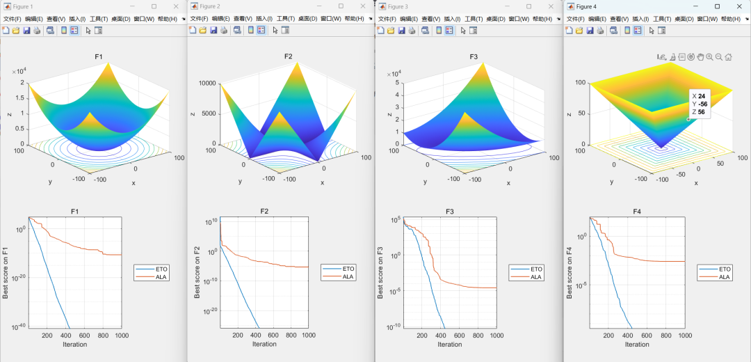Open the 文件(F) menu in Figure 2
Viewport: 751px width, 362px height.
200,19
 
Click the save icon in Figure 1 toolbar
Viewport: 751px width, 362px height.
26,31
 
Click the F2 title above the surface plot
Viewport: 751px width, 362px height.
289,56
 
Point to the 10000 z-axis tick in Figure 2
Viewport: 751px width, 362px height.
207,83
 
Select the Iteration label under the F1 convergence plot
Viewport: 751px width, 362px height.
75,344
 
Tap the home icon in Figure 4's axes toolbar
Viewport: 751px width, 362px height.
728,57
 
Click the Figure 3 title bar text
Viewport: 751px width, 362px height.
398,6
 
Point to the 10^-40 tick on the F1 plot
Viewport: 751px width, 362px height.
17,327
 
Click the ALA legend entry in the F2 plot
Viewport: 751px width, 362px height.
348,277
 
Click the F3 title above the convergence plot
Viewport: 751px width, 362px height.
450,211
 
